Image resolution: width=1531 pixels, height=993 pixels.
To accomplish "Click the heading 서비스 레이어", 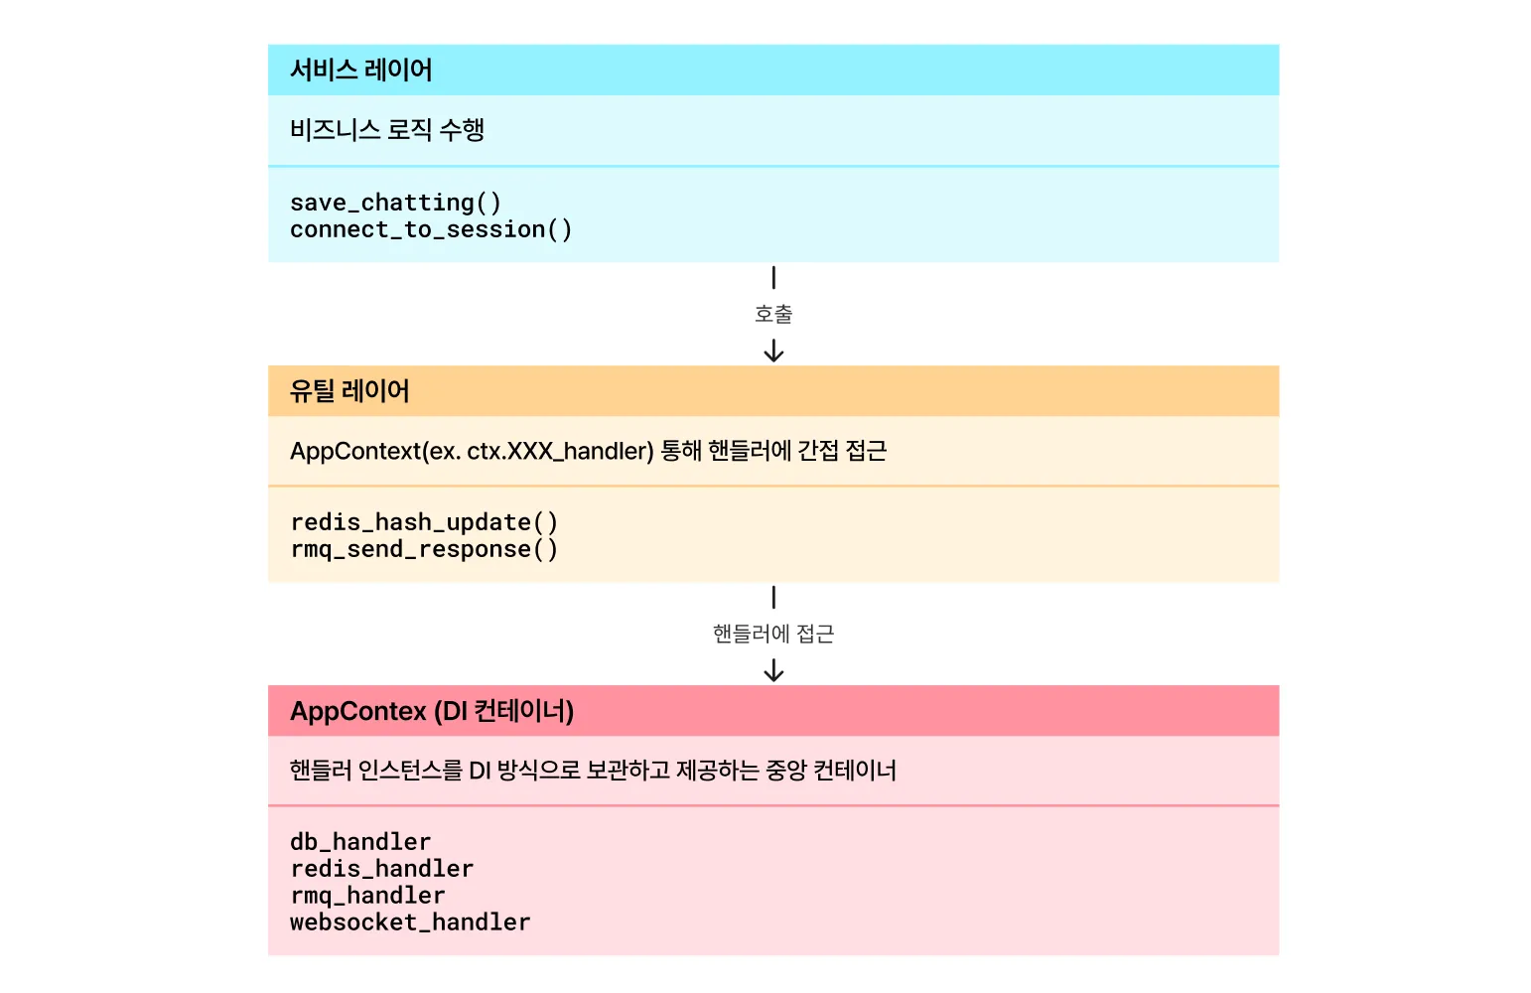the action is pyautogui.click(x=361, y=71).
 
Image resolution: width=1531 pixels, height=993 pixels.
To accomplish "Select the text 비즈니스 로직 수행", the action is pyautogui.click(x=387, y=130).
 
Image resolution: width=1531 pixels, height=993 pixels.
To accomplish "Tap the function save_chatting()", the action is pyautogui.click(x=395, y=203).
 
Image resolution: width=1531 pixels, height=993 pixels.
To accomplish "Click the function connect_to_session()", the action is pyautogui.click(x=431, y=229).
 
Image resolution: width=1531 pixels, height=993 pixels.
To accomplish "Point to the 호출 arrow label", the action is pyautogui.click(x=773, y=315).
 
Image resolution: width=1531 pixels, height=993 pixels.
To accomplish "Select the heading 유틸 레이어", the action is pyautogui.click(x=349, y=391).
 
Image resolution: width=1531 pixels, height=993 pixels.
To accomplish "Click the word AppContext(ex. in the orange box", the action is pyautogui.click(x=375, y=451).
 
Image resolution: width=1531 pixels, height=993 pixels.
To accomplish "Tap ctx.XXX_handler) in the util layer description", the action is pyautogui.click(x=560, y=451).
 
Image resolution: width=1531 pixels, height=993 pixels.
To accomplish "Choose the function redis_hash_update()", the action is pyautogui.click(x=424, y=522).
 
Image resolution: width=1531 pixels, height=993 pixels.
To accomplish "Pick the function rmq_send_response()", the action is pyautogui.click(x=424, y=549).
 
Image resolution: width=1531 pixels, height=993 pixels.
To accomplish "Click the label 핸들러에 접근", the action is pyautogui.click(x=773, y=634).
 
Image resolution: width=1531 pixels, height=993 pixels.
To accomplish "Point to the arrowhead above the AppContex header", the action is pyautogui.click(x=773, y=673).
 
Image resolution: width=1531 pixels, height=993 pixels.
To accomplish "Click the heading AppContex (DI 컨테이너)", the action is pyautogui.click(x=432, y=711).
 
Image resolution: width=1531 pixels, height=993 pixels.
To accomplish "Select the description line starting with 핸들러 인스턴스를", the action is pyautogui.click(x=593, y=771).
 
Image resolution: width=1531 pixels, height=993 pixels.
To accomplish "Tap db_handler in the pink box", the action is pyautogui.click(x=360, y=842).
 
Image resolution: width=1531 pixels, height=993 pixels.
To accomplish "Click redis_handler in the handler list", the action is pyautogui.click(x=381, y=869).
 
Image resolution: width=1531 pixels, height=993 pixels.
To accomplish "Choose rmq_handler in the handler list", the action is pyautogui.click(x=367, y=896).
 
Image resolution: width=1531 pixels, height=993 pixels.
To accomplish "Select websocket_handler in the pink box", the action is pyautogui.click(x=410, y=922).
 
